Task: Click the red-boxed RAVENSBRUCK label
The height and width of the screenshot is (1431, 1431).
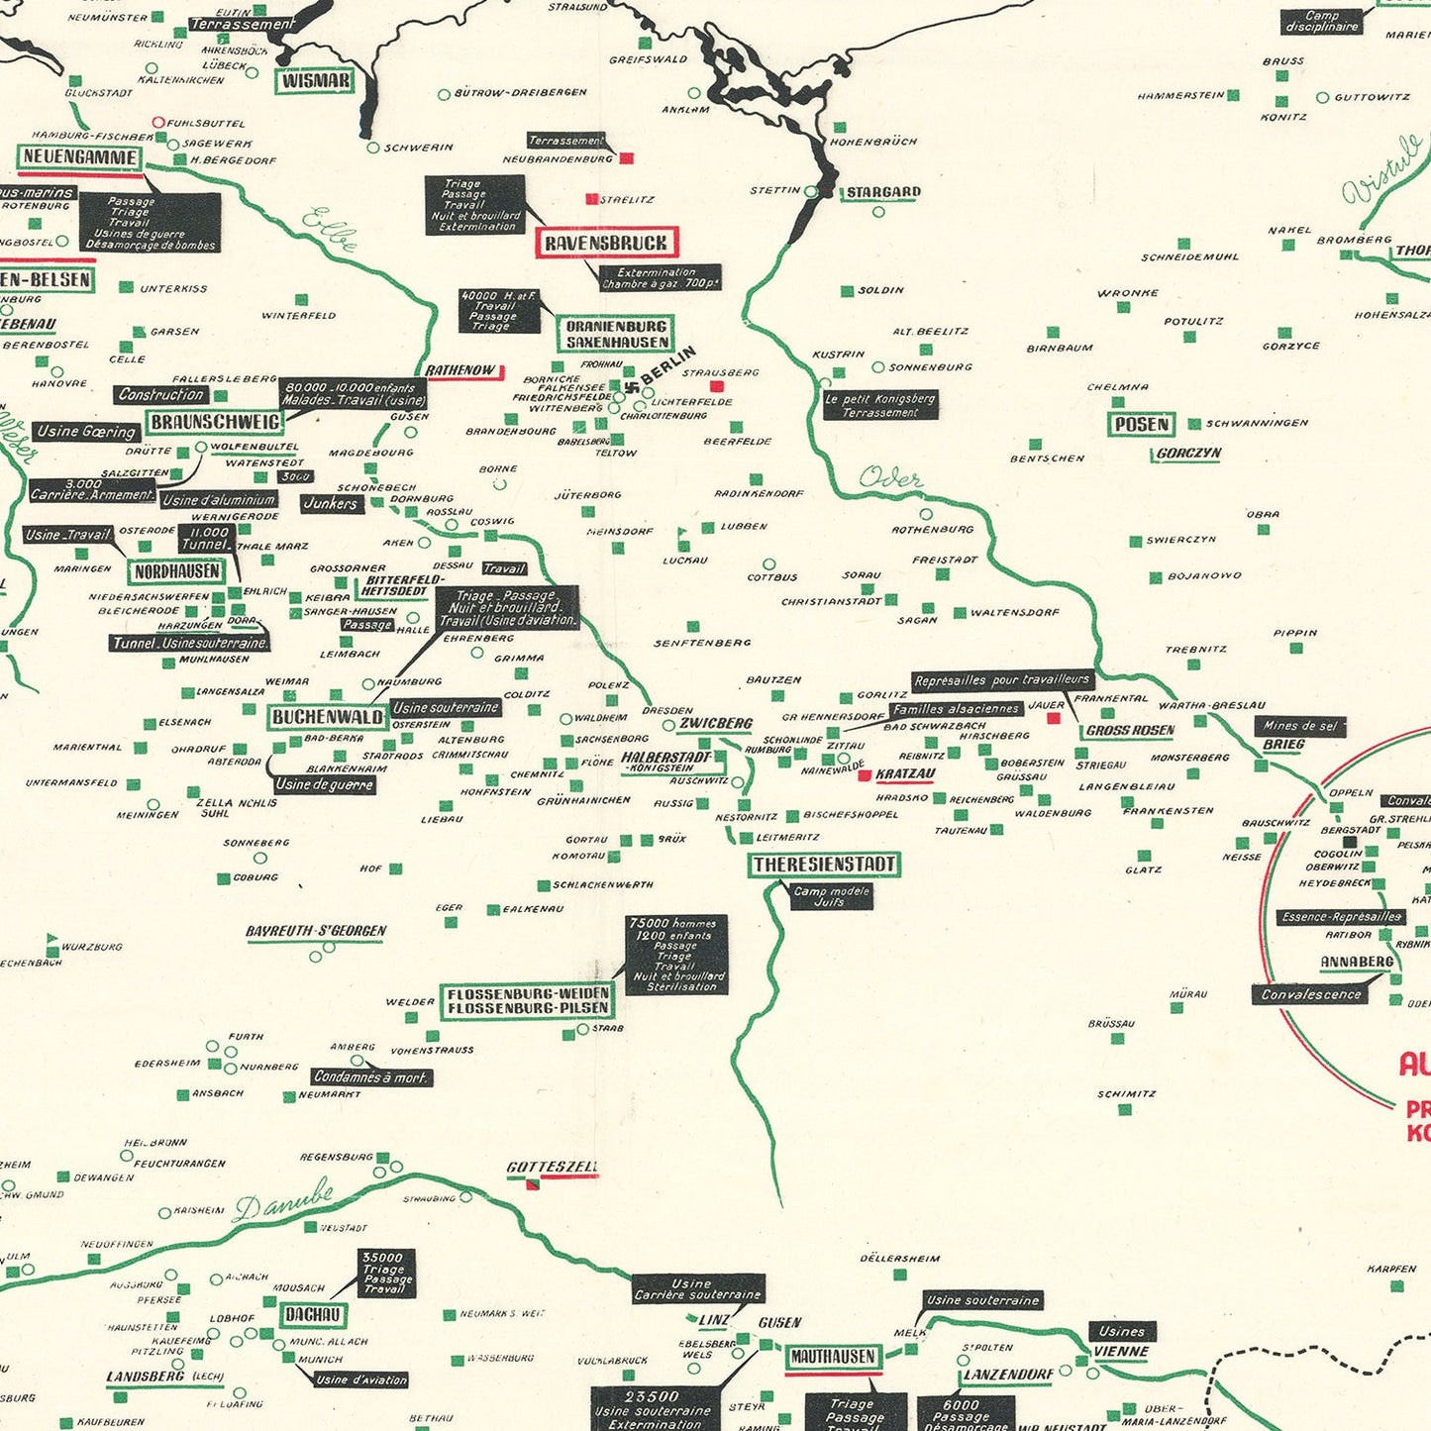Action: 606,243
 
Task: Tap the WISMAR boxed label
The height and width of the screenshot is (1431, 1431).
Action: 314,81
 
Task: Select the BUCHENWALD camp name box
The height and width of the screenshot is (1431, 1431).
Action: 327,717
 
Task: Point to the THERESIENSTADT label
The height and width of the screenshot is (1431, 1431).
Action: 824,865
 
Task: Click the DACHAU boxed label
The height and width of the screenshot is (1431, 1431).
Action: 313,1315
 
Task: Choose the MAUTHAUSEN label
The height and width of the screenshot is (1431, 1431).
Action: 833,1357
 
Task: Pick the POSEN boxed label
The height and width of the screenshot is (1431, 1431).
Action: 1141,424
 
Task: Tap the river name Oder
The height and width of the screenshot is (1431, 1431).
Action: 889,478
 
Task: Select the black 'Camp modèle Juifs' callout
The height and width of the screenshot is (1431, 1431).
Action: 831,896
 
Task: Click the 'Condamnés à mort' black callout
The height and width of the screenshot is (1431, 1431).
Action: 370,1076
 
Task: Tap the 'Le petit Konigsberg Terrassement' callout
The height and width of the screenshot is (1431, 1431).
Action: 880,405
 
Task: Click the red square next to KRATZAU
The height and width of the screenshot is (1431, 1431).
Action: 865,775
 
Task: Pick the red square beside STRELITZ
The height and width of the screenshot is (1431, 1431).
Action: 592,199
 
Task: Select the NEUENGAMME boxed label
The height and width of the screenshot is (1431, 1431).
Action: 79,157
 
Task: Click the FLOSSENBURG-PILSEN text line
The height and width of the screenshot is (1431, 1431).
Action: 528,1008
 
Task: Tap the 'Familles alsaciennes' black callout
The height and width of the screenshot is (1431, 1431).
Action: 956,709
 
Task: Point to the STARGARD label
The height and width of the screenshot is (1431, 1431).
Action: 882,192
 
